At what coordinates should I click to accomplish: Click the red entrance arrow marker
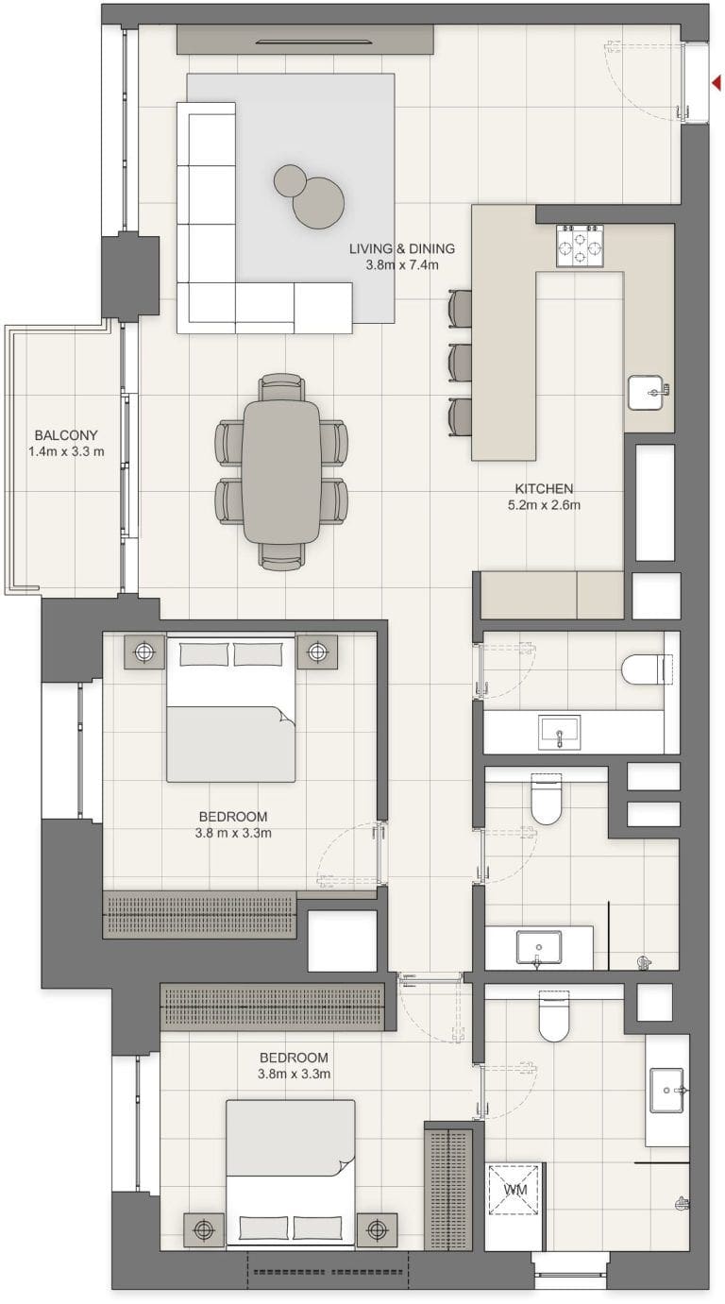coord(716,84)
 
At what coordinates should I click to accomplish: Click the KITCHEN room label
coord(544,489)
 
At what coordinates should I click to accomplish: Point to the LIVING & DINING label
coord(402,249)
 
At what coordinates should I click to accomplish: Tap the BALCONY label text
coord(65,435)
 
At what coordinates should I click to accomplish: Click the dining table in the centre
coord(281,471)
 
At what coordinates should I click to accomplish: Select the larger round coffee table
coord(317,202)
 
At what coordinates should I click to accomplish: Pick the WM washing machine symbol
coord(515,1190)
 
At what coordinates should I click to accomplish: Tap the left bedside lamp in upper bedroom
coord(143,651)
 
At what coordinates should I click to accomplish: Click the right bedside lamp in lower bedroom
coord(377,1228)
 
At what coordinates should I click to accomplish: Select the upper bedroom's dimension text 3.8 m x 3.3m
coord(233,833)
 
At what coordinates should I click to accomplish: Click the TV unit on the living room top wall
coord(305,40)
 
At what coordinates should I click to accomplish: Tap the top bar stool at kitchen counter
coord(460,308)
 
